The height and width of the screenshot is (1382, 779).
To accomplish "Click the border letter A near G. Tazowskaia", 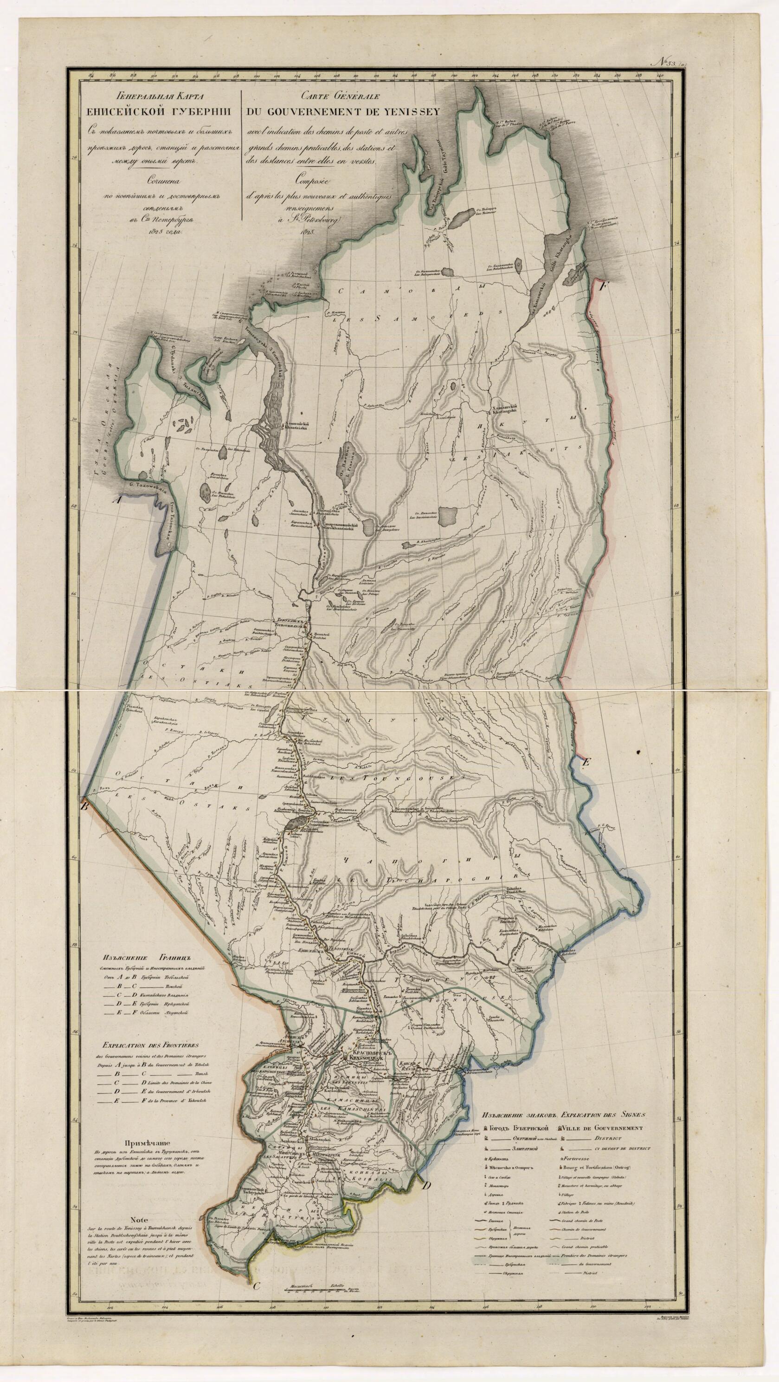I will (114, 499).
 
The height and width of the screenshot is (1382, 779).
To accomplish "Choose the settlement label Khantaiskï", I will (299, 428).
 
